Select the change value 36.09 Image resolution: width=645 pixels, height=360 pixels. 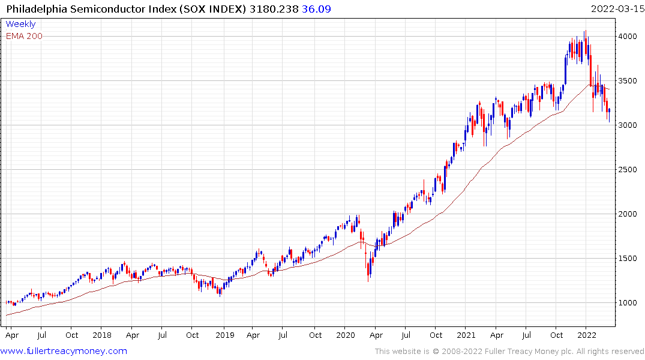coord(317,9)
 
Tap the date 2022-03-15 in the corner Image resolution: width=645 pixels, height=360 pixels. coord(616,9)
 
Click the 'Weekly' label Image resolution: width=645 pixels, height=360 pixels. coord(20,24)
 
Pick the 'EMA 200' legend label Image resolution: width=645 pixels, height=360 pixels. coord(24,36)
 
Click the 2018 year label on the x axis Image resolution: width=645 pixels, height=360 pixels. coord(102,335)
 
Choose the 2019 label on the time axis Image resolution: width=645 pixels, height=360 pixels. coord(224,335)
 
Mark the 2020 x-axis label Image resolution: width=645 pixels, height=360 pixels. coord(346,335)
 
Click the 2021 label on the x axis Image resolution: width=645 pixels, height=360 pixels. coord(467,335)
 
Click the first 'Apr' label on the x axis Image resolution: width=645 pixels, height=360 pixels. coord(11,335)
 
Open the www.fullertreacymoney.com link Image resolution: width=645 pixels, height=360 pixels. coord(64,351)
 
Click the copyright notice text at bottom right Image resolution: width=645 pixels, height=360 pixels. coord(509,352)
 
